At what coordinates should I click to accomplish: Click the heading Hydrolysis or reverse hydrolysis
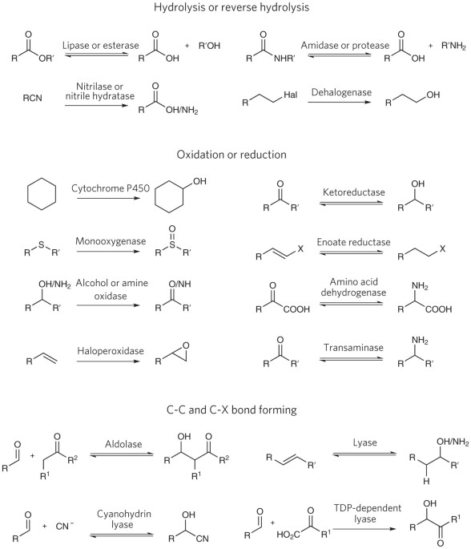[231, 7]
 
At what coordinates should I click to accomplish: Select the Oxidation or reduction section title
[231, 155]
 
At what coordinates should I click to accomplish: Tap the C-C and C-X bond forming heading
[231, 410]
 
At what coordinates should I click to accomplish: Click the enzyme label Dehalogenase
[341, 92]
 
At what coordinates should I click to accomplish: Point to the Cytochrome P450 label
[111, 188]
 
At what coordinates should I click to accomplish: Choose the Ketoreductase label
[353, 192]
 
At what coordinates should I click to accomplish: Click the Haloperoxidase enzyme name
[111, 351]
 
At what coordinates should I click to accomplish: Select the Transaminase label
[353, 348]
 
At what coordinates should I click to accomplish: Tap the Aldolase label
[123, 444]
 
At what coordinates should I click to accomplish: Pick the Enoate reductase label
[353, 242]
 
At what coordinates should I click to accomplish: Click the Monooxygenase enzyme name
[111, 241]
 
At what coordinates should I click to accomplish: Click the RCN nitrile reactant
[32, 98]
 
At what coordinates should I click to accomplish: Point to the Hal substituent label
[291, 95]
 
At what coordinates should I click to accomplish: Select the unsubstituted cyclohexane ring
[42, 194]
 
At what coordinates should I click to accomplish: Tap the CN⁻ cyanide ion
[64, 526]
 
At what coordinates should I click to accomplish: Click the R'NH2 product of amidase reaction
[453, 46]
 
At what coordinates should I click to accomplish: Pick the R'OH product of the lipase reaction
[209, 46]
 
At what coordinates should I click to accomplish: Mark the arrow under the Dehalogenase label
[339, 102]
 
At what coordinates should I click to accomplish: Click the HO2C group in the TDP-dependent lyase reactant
[288, 535]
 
